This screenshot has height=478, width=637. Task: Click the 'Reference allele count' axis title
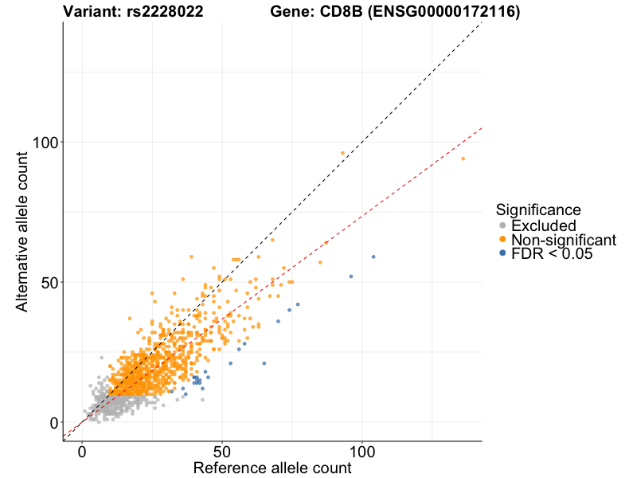(272, 468)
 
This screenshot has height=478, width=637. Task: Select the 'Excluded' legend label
(544, 226)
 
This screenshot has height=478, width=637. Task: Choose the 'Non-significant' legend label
(564, 240)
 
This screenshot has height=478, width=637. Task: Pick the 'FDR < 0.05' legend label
(553, 253)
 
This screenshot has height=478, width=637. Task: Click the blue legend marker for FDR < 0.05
(502, 253)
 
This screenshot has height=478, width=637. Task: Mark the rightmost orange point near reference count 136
(463, 159)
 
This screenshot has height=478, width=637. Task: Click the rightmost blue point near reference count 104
(373, 257)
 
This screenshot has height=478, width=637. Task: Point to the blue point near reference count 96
(351, 276)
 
